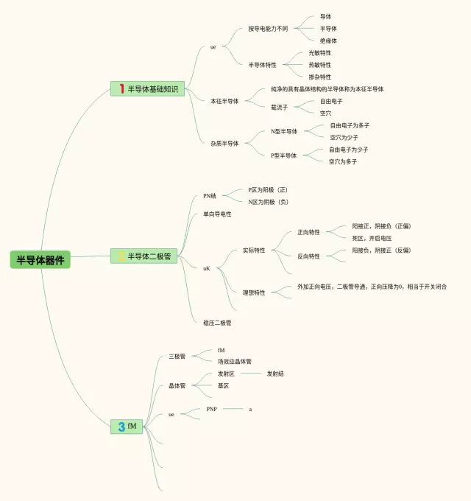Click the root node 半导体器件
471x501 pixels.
[x=40, y=259]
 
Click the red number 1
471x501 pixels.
[x=121, y=89]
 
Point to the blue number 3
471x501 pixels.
[x=121, y=427]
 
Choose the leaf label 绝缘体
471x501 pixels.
[x=328, y=41]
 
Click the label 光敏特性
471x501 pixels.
[x=319, y=53]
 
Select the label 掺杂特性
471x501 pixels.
[x=319, y=77]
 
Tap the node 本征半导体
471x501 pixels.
[x=224, y=101]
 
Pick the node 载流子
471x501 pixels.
[x=279, y=107]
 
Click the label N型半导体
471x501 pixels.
[x=284, y=131]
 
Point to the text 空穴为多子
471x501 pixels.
[x=343, y=161]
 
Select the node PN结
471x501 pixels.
[x=210, y=196]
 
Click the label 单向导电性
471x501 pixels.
[x=217, y=214]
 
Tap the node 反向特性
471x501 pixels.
[x=308, y=256]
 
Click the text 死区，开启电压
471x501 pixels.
[x=372, y=238]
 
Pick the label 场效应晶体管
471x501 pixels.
[x=234, y=362]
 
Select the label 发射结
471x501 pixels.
[x=275, y=374]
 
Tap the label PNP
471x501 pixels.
[x=211, y=409]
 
